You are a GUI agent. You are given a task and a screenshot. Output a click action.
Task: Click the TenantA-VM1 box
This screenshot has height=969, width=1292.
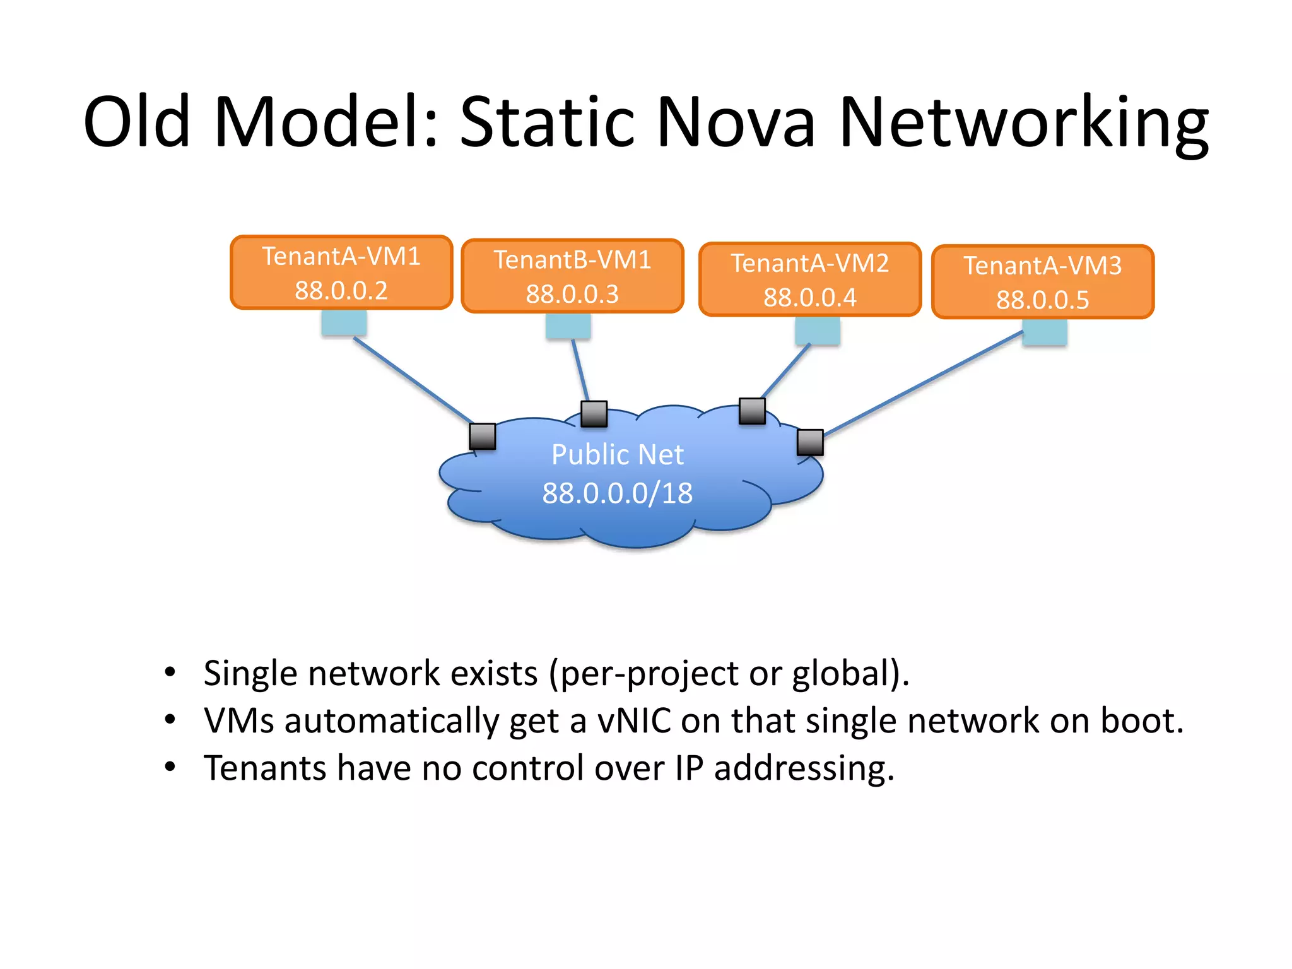pos(341,273)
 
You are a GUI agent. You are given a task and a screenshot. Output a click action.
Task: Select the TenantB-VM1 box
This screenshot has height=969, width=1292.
pos(572,276)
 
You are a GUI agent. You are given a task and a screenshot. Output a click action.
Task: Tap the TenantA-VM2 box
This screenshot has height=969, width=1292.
pos(810,279)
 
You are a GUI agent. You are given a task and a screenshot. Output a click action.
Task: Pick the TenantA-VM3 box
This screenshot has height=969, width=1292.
pos(1043,281)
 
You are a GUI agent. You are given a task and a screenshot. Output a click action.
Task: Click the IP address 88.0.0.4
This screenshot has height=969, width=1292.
pos(810,298)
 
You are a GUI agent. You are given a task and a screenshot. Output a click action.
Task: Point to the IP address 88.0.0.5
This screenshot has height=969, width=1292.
pos(1043,300)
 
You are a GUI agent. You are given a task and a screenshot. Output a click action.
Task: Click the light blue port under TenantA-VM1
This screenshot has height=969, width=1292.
pos(344,323)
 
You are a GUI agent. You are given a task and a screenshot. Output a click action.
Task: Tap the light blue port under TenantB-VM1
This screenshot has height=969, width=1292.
pos(568,326)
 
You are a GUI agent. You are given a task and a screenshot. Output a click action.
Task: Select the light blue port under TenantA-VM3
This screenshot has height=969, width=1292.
pos(1045,332)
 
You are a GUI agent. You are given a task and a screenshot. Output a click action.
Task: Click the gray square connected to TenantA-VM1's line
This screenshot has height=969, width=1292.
pos(483,436)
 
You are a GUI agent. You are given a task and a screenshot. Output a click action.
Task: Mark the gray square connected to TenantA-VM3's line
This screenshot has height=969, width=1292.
pos(810,442)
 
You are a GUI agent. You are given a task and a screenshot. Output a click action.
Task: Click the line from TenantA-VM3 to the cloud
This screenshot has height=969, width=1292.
pos(921,384)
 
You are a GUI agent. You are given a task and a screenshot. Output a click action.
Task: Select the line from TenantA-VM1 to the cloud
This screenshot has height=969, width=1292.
pos(413,380)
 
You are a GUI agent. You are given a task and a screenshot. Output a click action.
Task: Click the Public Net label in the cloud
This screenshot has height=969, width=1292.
pos(617,455)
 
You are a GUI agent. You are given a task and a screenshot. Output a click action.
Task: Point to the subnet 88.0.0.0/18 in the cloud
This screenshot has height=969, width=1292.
pos(617,493)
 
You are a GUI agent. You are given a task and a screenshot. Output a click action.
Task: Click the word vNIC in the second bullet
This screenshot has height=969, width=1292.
pos(634,720)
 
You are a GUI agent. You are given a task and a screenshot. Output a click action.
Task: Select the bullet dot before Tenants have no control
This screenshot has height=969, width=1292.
pos(170,766)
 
